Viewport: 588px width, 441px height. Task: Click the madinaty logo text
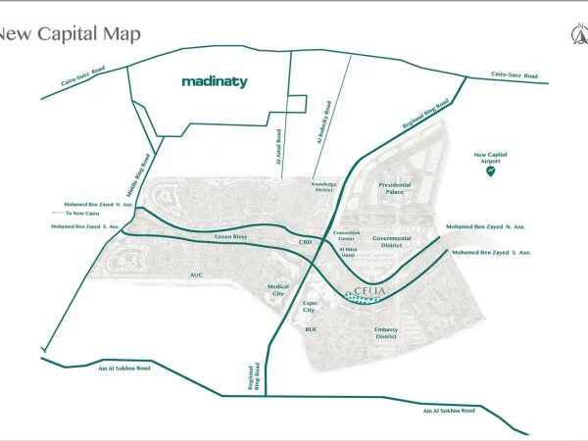click(215, 82)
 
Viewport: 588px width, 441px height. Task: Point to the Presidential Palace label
click(395, 188)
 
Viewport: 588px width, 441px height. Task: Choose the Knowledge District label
click(324, 187)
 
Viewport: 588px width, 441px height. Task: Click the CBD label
click(305, 241)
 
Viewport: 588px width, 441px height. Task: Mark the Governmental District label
click(392, 241)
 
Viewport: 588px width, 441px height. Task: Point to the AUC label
click(196, 275)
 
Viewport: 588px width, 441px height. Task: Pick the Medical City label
click(279, 290)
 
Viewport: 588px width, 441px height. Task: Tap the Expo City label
click(311, 307)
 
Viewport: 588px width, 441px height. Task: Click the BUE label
click(311, 329)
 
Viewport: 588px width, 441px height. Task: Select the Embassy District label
click(386, 333)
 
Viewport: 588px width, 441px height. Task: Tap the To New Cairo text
click(81, 213)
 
